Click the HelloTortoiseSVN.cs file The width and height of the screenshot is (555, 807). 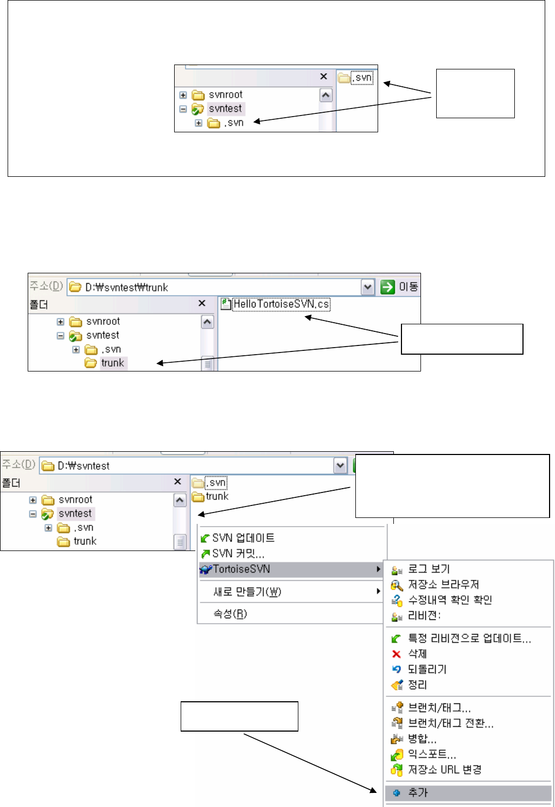[280, 304]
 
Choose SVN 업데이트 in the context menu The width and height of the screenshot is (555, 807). [243, 538]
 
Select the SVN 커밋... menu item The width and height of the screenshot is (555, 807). [238, 554]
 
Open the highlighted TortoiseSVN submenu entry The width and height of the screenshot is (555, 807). [241, 569]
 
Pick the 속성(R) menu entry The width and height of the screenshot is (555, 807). [230, 614]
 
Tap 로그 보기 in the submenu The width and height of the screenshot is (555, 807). [429, 569]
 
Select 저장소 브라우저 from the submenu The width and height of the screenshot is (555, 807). [443, 584]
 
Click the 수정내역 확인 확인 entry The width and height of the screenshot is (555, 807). [450, 600]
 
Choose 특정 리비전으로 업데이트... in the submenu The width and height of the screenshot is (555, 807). [469, 638]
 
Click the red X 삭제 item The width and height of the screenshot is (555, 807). [417, 654]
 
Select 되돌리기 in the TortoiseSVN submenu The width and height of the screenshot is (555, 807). [427, 669]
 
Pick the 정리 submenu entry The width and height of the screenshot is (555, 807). [417, 685]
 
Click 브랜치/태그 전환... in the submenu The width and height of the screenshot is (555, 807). [450, 723]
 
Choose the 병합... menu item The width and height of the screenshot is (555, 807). [422, 739]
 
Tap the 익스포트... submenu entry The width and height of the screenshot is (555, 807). [432, 754]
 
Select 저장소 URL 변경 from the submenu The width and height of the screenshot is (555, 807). [444, 770]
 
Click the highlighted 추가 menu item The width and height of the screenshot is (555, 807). [418, 792]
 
